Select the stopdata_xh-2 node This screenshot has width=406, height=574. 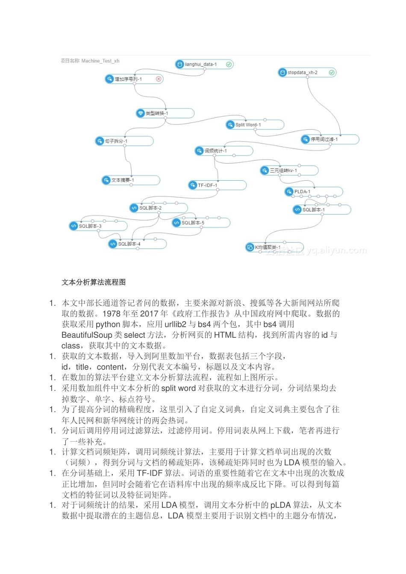[306, 73]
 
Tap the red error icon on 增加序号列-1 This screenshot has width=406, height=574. [159, 79]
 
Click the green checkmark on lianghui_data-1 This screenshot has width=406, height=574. [229, 64]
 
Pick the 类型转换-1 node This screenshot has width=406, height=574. [165, 113]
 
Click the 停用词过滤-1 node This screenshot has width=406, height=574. [330, 139]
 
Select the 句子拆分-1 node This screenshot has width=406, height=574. [124, 141]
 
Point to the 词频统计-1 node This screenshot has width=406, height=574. [224, 151]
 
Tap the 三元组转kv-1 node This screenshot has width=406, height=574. [289, 170]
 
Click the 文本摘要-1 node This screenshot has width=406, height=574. [130, 180]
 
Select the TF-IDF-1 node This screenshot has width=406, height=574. [217, 185]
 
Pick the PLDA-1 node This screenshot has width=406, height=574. [313, 192]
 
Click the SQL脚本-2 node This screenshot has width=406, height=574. [158, 208]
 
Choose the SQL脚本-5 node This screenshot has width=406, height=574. [200, 223]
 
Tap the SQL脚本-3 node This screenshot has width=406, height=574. [98, 226]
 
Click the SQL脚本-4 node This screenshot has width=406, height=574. [137, 244]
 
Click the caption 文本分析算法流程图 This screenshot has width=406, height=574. [94, 282]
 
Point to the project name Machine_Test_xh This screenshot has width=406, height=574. [90, 61]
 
